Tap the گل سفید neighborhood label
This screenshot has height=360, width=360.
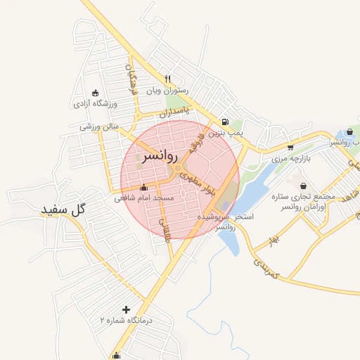click(63, 210)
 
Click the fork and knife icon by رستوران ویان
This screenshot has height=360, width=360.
click(167, 79)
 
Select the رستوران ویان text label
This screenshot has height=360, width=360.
click(164, 91)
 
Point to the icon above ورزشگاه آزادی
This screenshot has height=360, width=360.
click(96, 93)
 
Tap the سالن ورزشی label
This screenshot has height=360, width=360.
click(97, 127)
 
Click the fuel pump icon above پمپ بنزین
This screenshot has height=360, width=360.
click(224, 121)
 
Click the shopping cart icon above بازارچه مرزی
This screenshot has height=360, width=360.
click(291, 147)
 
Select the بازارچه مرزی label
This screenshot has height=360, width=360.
click(290, 158)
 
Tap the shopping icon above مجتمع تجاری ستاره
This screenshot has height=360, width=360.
click(303, 186)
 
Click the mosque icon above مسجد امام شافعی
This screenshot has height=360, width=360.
click(144, 188)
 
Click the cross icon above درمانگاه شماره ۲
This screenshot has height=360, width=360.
click(126, 309)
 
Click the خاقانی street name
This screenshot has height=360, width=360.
click(167, 229)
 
